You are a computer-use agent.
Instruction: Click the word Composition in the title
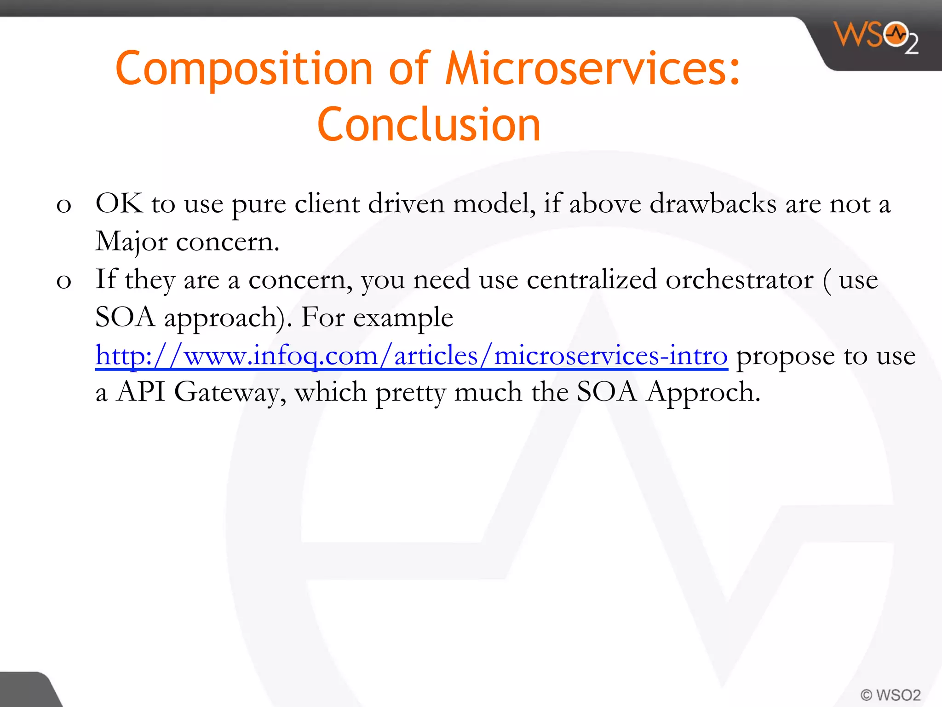point(243,69)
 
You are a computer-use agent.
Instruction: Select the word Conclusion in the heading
point(429,124)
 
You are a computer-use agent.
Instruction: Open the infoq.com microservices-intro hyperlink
point(411,356)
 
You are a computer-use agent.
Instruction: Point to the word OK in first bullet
point(119,203)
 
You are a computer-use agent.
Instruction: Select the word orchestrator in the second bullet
point(739,280)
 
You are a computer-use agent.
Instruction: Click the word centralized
point(592,280)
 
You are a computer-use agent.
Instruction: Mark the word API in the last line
point(140,392)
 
